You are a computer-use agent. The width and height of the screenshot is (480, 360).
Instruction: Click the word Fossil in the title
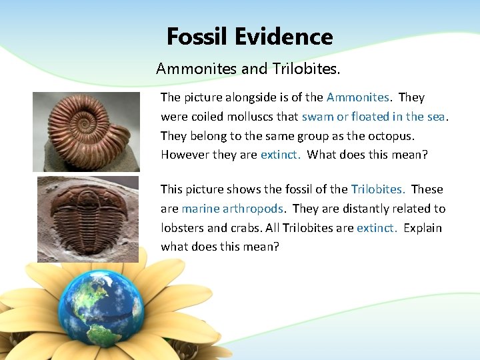click(x=197, y=36)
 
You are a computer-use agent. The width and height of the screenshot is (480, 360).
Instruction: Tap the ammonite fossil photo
click(x=86, y=131)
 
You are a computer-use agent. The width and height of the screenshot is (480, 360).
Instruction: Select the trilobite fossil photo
click(x=87, y=219)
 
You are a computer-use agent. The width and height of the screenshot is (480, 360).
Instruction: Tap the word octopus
click(x=391, y=135)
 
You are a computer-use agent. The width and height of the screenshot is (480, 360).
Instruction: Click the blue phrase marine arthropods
click(x=233, y=209)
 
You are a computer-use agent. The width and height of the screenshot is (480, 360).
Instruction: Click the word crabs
click(x=245, y=228)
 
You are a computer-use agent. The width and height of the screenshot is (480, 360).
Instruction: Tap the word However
click(x=184, y=155)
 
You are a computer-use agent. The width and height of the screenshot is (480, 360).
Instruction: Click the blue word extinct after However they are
click(x=280, y=155)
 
